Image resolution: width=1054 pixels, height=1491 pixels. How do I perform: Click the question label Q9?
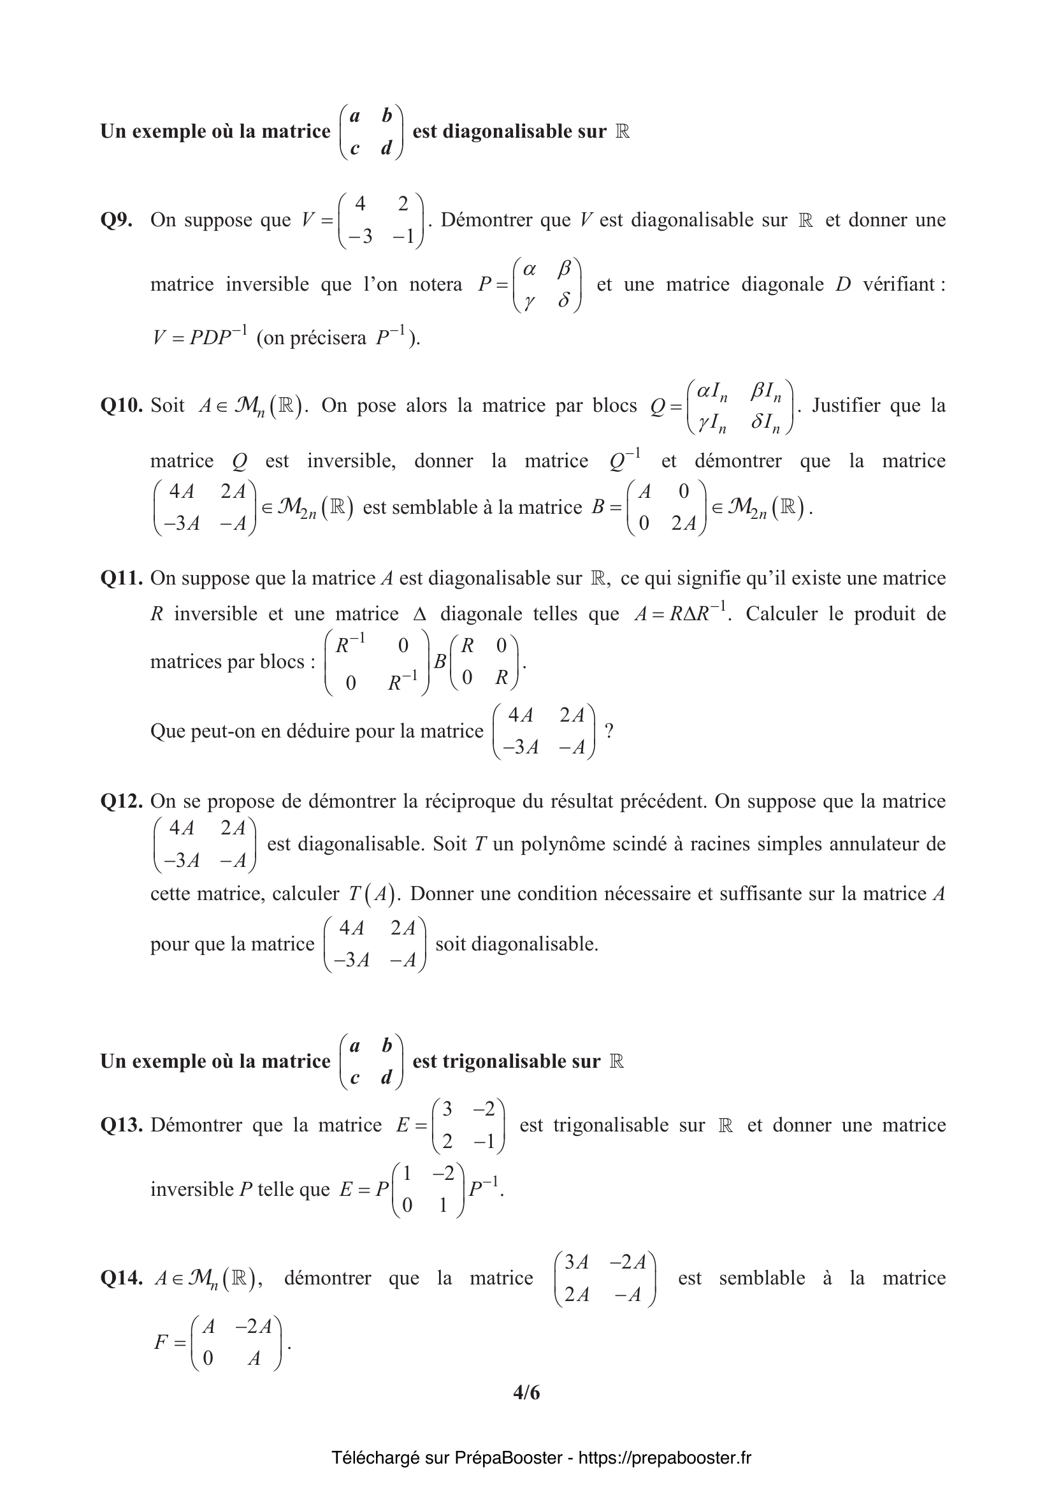116,220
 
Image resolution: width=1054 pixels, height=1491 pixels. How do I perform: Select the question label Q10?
121,405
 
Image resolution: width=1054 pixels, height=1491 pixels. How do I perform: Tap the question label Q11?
121,578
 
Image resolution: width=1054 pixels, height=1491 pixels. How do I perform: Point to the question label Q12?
121,801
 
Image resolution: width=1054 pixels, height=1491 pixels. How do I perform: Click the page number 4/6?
526,1393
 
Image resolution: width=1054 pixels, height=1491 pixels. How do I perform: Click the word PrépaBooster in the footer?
507,1458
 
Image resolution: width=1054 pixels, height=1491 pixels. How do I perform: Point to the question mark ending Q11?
609,731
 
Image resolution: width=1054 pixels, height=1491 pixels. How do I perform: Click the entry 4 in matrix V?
360,204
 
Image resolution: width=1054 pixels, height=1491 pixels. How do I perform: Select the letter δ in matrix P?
564,301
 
